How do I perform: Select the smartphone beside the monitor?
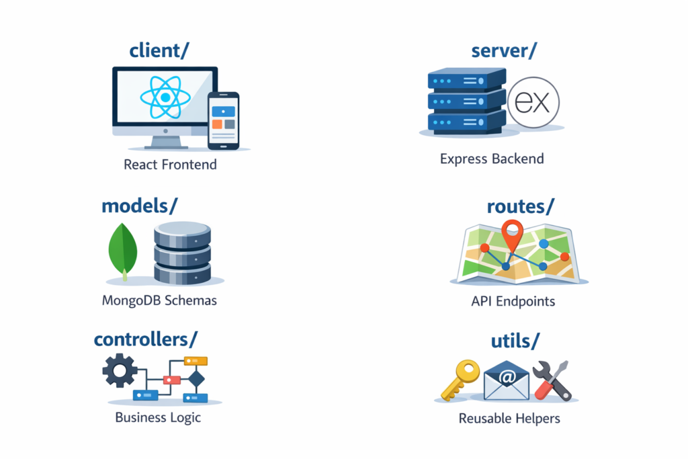pyautogui.click(x=223, y=120)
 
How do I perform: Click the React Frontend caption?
pyautogui.click(x=170, y=164)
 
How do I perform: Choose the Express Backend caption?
pyautogui.click(x=492, y=159)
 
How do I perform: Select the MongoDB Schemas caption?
pyautogui.click(x=159, y=300)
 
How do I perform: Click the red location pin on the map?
pyautogui.click(x=512, y=235)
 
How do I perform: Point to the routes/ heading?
pyautogui.click(x=520, y=206)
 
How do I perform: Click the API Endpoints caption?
pyautogui.click(x=513, y=301)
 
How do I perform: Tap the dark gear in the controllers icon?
pyautogui.click(x=120, y=370)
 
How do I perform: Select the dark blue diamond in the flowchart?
pyautogui.click(x=196, y=380)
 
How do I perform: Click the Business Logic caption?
pyautogui.click(x=158, y=417)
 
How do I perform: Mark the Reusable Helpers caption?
pyautogui.click(x=509, y=419)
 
